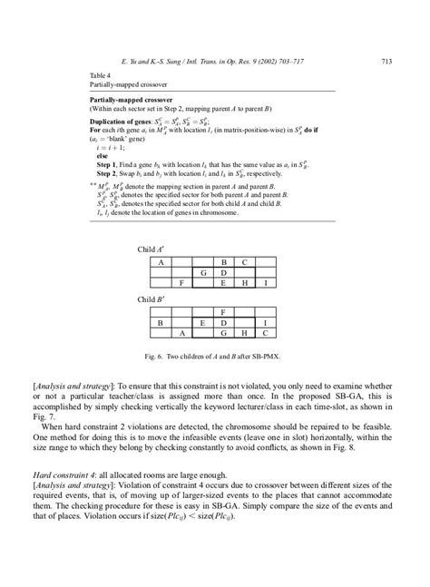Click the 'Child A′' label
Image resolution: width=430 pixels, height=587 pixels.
point(150,247)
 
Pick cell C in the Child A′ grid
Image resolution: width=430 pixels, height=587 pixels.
point(243,261)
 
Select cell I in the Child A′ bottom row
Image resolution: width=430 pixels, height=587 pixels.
point(264,283)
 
